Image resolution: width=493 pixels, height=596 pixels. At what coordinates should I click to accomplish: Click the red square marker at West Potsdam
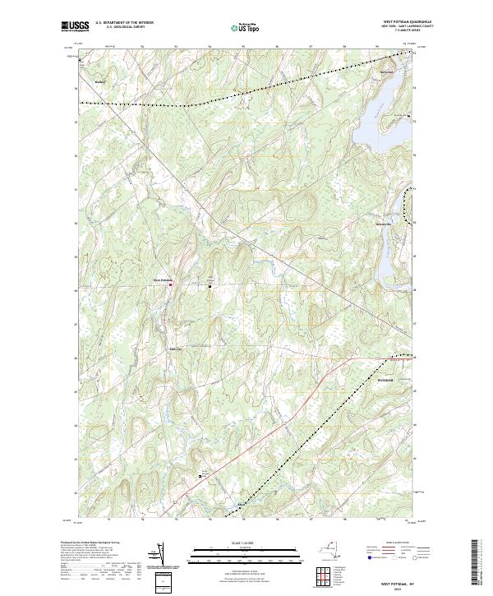pyautogui.click(x=170, y=285)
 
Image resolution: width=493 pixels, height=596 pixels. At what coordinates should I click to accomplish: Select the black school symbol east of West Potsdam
pyautogui.click(x=210, y=287)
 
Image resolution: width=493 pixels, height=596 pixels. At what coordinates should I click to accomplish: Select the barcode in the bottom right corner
pyautogui.click(x=476, y=563)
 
